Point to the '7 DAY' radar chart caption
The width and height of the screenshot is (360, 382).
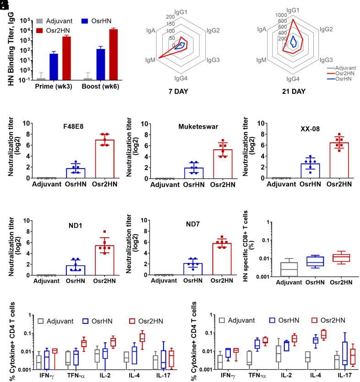pyautogui.click(x=178, y=91)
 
